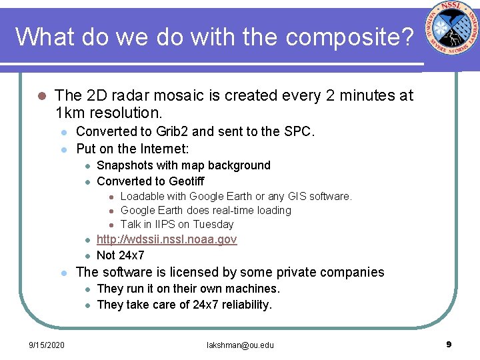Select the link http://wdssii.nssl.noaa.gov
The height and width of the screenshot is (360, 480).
pyautogui.click(x=167, y=239)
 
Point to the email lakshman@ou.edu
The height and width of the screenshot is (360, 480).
pyautogui.click(x=240, y=345)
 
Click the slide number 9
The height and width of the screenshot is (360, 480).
pyautogui.click(x=449, y=344)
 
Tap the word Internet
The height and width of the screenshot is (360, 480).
pyautogui.click(x=163, y=148)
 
